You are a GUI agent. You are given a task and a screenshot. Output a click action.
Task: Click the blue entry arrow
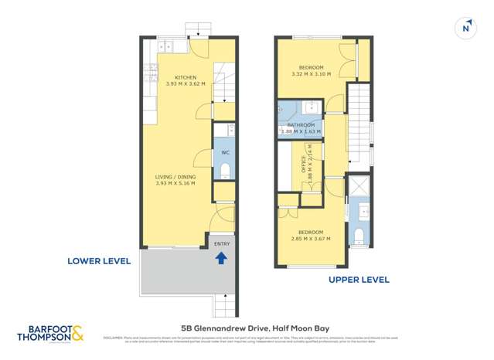click(221, 259)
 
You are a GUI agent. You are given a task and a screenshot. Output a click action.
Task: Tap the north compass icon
click(465, 29)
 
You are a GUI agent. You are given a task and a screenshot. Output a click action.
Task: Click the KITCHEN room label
click(186, 77)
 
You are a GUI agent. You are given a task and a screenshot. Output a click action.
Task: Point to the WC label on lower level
click(225, 152)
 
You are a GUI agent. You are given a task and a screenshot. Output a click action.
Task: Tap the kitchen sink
click(168, 47)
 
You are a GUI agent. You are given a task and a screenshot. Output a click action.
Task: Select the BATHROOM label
click(301, 125)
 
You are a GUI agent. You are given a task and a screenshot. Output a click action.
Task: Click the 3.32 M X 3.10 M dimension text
click(311, 74)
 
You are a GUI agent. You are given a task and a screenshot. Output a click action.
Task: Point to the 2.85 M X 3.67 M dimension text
click(311, 239)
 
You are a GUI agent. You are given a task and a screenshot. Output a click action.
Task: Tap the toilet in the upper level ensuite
click(359, 234)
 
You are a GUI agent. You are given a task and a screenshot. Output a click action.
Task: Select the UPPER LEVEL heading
click(359, 280)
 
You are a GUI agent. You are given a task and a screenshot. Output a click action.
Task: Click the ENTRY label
click(222, 244)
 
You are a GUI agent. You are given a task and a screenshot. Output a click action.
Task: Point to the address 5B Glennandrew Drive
click(247, 327)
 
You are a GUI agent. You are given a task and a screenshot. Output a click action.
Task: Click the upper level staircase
click(359, 127)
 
